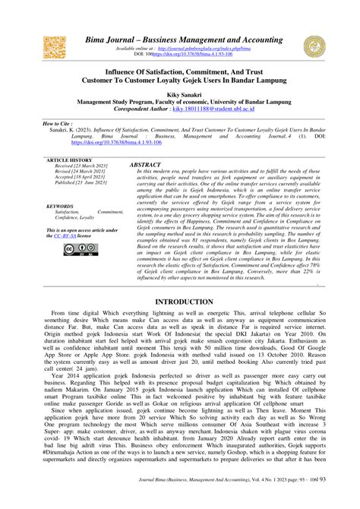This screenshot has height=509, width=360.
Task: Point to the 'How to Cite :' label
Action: [55, 122]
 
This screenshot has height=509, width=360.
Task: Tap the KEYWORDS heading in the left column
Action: [60, 206]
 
